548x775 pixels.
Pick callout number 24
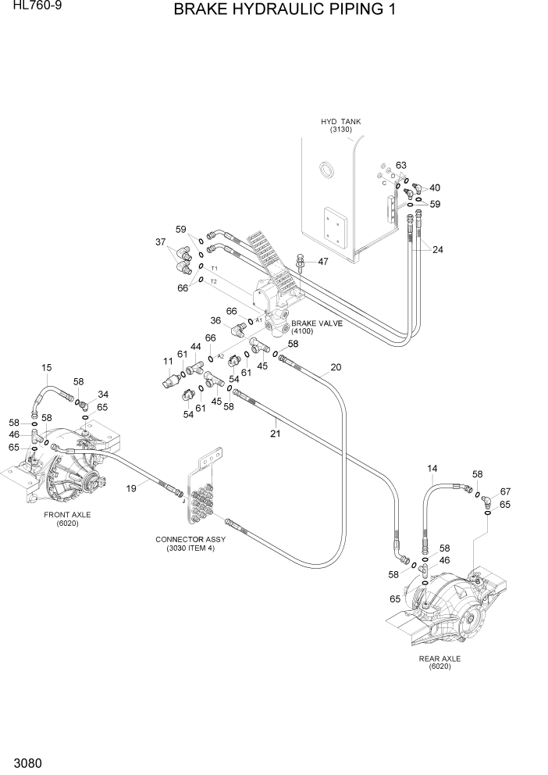pos(437,250)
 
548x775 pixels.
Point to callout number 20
pos(336,367)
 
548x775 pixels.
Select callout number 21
pos(275,433)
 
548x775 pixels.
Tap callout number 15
pos(46,367)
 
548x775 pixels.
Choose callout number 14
pos(432,468)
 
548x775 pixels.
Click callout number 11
pos(167,361)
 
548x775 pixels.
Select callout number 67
pos(505,491)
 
